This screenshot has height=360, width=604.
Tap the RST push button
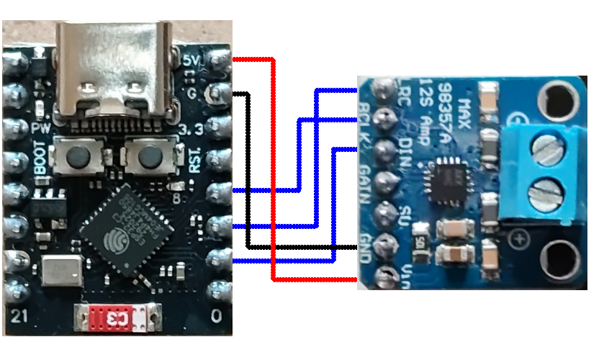149,156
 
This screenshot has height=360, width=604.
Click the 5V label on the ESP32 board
191,61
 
